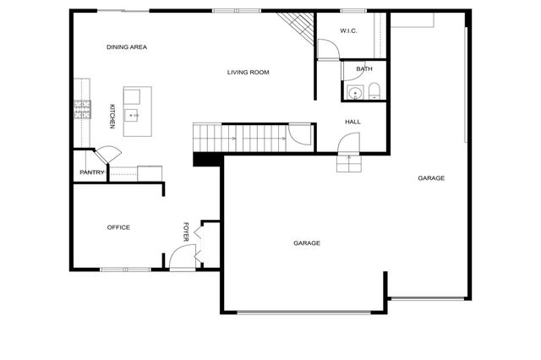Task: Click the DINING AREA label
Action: point(127,47)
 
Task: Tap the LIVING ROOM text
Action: point(248,73)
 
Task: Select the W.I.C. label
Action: point(349,31)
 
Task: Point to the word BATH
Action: point(364,69)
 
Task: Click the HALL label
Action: point(352,122)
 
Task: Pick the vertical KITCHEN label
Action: point(112,116)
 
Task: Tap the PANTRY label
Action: point(91,172)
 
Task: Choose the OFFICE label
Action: point(118,227)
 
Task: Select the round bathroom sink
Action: point(355,92)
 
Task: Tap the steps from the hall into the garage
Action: point(348,162)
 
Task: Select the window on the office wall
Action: point(125,270)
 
